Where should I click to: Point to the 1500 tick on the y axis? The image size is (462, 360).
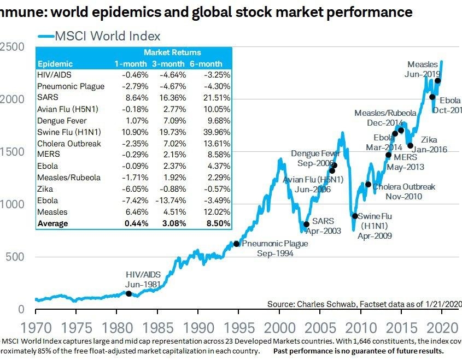click(12, 152)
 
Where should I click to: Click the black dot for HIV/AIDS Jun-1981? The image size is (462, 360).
click(129, 293)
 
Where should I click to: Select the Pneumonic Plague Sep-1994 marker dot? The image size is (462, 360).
click(236, 244)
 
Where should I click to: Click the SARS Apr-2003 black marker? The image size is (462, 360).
click(307, 224)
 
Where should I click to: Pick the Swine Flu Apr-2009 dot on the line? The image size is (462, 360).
click(355, 216)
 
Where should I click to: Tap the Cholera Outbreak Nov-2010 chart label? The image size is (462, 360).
click(403, 192)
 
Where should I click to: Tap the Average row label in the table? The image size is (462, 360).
click(53, 223)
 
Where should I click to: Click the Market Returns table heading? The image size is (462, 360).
click(172, 52)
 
